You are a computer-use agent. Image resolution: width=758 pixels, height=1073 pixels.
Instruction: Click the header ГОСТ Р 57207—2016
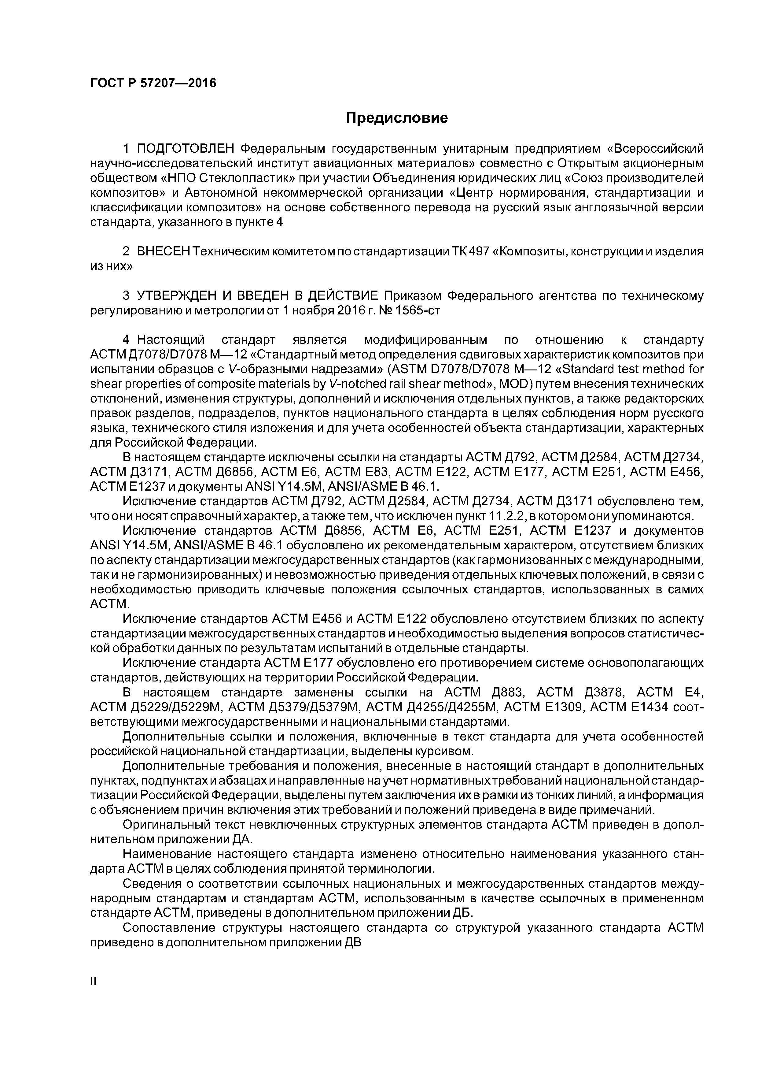(153, 83)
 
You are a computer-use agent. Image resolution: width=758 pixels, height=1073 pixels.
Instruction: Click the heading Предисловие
(396, 118)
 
